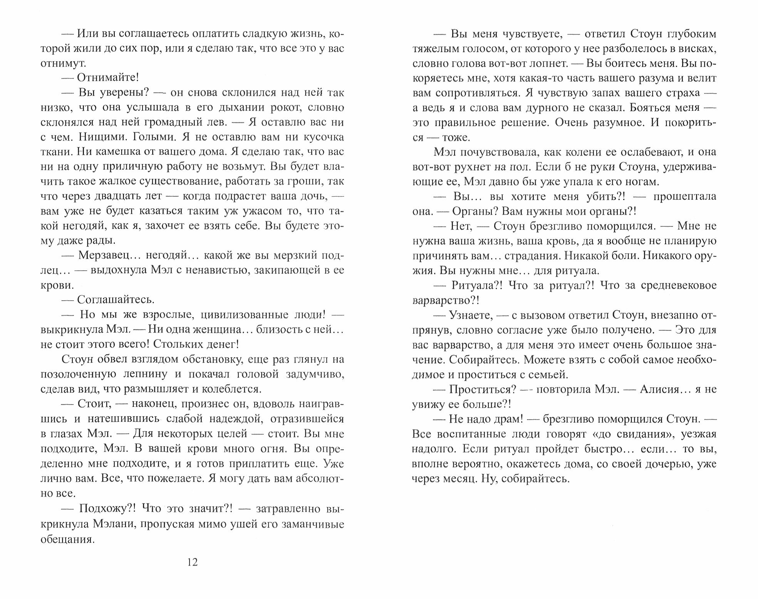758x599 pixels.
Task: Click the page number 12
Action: [192, 562]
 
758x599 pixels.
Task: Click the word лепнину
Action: [145, 374]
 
